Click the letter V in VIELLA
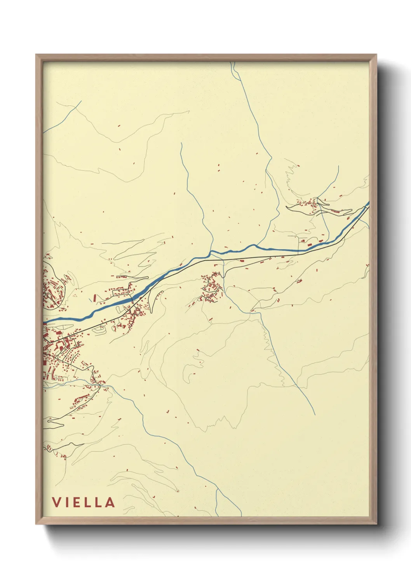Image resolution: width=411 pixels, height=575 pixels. pyautogui.click(x=56, y=502)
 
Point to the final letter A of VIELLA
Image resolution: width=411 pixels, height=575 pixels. pyautogui.click(x=110, y=502)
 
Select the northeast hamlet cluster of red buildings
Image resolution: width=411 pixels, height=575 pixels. pyautogui.click(x=309, y=204)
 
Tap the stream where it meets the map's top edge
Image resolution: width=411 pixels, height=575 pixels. pyautogui.click(x=233, y=63)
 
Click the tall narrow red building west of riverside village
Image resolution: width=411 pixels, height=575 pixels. pyautogui.click(x=94, y=298)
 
